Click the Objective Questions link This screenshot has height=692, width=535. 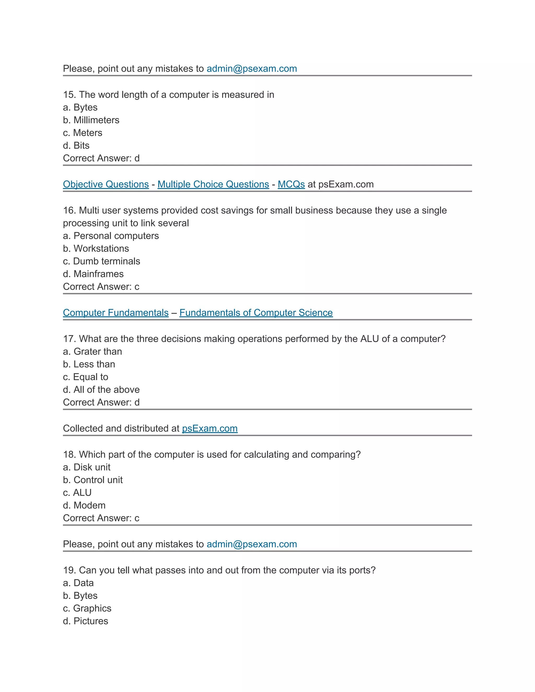[x=106, y=184]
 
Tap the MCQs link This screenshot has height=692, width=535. [x=291, y=184]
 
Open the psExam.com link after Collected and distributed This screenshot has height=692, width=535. [x=210, y=428]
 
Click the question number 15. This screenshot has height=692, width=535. [x=69, y=95]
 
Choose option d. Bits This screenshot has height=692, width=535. [x=76, y=145]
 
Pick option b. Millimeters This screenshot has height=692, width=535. [x=91, y=120]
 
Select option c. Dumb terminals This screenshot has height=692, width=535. [x=101, y=261]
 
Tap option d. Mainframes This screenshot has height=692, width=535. [x=93, y=274]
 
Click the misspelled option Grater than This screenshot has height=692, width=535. [x=92, y=351]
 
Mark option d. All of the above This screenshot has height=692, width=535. [x=101, y=389]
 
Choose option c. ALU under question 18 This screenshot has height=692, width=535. [x=77, y=492]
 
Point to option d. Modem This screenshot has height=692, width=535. [x=84, y=505]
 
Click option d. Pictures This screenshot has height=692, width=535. [x=86, y=621]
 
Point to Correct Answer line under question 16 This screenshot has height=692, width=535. [x=101, y=286]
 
